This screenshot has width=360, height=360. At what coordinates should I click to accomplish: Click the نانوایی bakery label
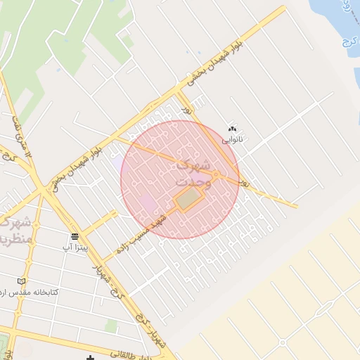232,140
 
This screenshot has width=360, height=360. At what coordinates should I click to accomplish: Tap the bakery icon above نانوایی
232,129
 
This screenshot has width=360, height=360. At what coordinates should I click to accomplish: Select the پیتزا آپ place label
75,247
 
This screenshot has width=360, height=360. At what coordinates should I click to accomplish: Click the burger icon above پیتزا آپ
75,236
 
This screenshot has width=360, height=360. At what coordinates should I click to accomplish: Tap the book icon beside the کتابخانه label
20,281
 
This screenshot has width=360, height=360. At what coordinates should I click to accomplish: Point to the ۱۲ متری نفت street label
21,137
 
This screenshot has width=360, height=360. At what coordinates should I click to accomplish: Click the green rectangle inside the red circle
187,200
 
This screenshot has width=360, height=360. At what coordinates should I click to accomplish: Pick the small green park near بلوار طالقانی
111,326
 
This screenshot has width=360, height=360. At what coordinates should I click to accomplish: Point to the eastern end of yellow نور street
295,206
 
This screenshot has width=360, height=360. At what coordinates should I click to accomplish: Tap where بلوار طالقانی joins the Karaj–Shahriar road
169,352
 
